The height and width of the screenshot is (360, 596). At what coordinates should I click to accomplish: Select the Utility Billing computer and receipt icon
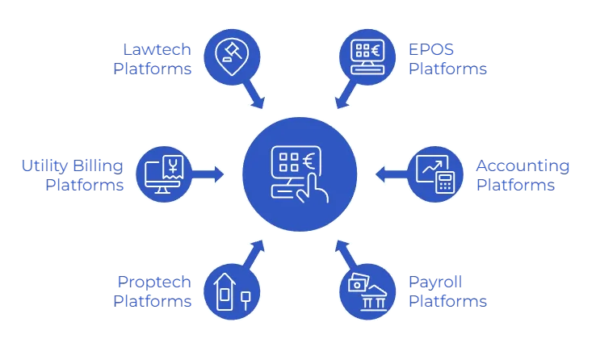pos(164,174)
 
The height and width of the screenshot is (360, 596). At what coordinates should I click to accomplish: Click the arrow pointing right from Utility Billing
pos(210,174)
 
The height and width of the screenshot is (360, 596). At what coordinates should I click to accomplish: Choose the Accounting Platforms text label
pos(523,175)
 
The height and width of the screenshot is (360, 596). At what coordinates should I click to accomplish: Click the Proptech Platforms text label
pos(153,291)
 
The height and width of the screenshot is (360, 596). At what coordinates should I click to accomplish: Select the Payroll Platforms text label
pos(447,291)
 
